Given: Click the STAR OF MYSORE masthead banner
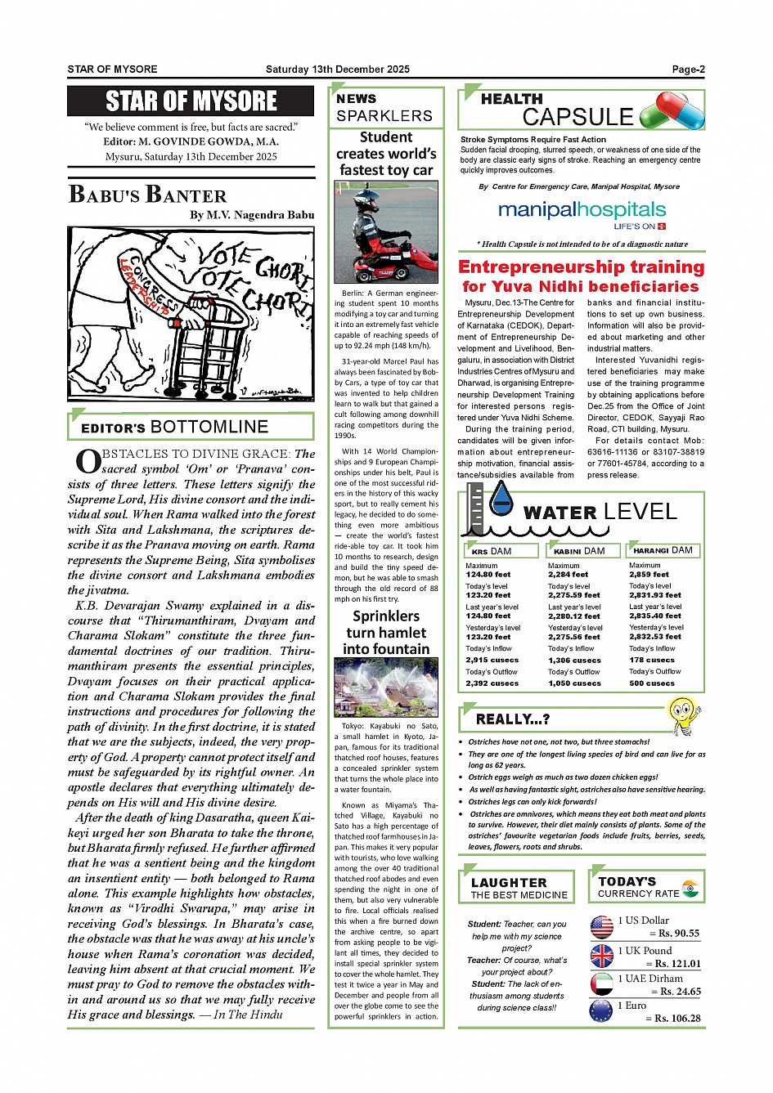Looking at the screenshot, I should point(191,101).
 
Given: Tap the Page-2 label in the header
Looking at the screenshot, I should point(688,69).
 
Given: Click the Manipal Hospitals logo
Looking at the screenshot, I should point(582,214).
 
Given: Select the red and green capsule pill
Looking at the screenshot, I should point(672,111).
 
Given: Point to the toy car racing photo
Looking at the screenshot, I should point(386,232).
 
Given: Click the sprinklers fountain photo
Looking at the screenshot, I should point(386,688).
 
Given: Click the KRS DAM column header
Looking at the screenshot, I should point(500,551).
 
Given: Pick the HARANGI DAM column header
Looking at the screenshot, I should point(662,550).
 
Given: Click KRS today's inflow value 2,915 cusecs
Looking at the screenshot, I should point(492,660).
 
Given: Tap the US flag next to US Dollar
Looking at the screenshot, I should point(601,926).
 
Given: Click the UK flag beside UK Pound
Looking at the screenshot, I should point(601,956).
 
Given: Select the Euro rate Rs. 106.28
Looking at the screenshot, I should point(676,1018).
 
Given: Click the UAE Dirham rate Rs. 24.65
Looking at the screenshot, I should point(676,991).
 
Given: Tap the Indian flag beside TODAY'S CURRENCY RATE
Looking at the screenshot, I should point(690,888).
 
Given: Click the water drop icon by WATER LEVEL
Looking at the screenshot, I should point(500,499).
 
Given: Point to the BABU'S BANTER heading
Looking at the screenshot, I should point(148,195).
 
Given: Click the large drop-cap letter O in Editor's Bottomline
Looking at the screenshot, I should point(88,462).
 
